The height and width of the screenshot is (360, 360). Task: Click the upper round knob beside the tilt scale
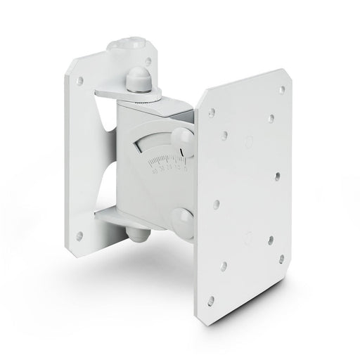click(x=182, y=134)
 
